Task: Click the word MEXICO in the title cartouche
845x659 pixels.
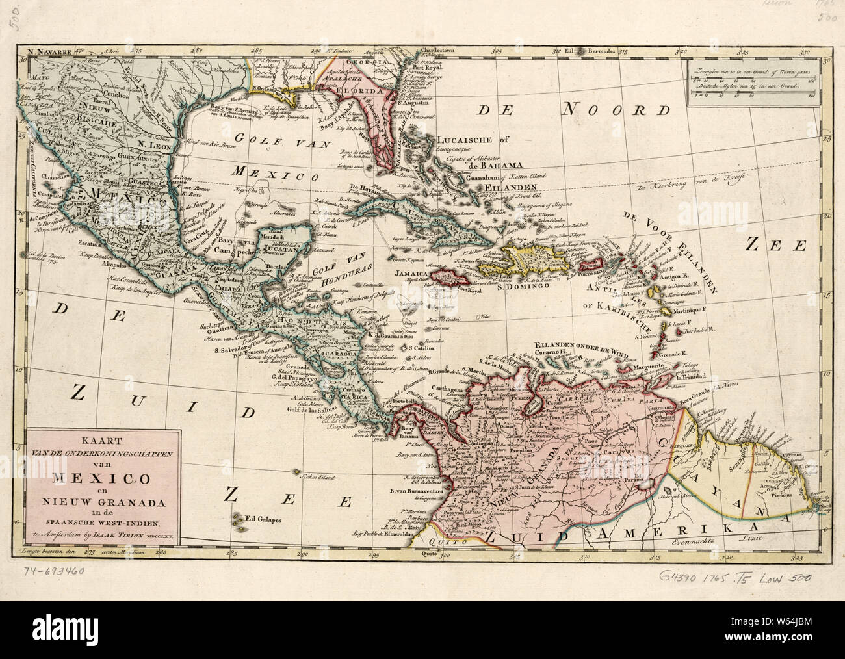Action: coord(100,480)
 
